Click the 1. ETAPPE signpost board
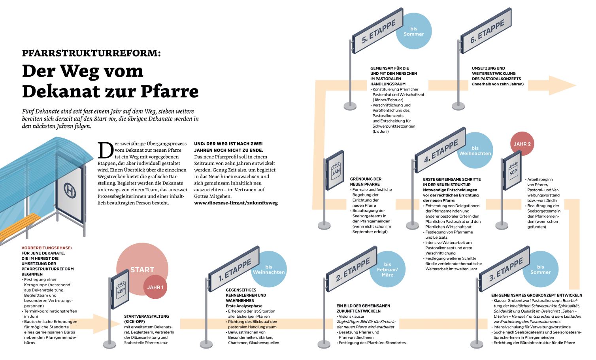click(x=234, y=268)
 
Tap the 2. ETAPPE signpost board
click(x=352, y=269)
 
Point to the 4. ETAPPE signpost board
click(x=440, y=150)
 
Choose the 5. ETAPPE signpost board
click(x=378, y=31)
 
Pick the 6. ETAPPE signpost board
click(x=486, y=31)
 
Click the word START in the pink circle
click(x=142, y=270)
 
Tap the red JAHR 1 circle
click(x=155, y=287)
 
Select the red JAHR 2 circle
click(x=522, y=144)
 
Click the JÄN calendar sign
click(x=336, y=170)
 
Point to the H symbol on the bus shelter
click(x=70, y=191)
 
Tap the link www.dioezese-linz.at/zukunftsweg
click(x=236, y=203)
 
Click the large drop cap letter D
click(x=104, y=151)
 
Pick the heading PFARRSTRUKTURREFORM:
click(x=91, y=53)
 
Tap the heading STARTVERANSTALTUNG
click(x=147, y=317)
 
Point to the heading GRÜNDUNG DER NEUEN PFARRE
click(x=366, y=182)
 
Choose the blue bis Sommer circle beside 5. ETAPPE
click(x=413, y=31)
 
